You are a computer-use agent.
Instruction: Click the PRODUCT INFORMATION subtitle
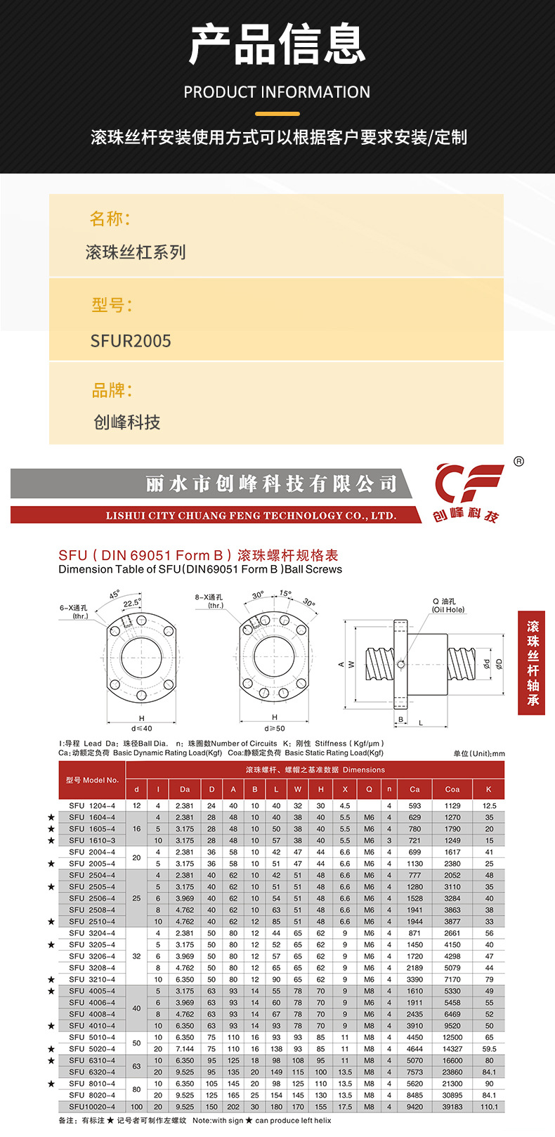(277, 92)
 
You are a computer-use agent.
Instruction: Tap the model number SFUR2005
(131, 342)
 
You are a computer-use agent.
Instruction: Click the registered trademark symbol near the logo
(518, 462)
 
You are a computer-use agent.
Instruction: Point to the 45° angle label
(115, 595)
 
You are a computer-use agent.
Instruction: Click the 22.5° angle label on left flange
(131, 604)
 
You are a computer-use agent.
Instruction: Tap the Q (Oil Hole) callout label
(448, 606)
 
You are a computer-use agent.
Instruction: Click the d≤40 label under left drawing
(141, 728)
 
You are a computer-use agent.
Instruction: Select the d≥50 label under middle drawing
(275, 728)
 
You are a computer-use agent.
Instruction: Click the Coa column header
(452, 789)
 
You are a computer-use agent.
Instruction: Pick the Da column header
(185, 789)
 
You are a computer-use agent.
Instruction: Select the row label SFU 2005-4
(92, 864)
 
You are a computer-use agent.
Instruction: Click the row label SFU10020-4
(92, 1107)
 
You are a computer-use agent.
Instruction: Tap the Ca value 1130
(415, 864)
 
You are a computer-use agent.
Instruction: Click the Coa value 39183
(452, 1107)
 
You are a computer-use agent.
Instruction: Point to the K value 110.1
(489, 1107)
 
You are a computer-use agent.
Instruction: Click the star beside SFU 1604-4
(51, 817)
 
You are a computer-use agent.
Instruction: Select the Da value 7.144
(185, 1049)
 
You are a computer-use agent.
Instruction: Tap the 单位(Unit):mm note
(479, 753)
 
